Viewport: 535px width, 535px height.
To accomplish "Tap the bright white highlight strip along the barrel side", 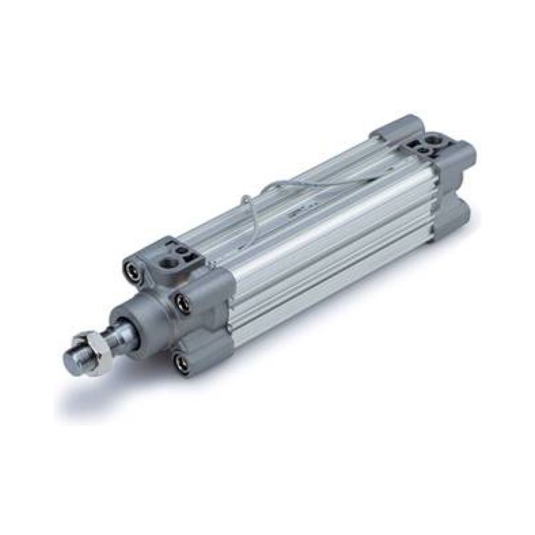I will [x=318, y=238].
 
